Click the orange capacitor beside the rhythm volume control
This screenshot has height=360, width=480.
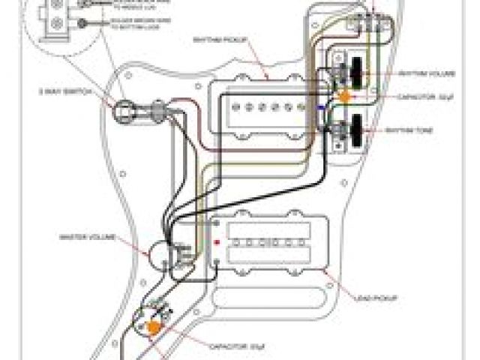pyautogui.click(x=346, y=97)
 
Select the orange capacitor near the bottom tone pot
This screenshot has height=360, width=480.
pyautogui.click(x=155, y=327)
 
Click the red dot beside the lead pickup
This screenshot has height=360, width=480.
pyautogui.click(x=217, y=242)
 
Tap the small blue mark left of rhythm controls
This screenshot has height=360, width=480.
pyautogui.click(x=322, y=107)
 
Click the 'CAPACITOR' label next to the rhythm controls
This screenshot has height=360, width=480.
pyautogui.click(x=417, y=97)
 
